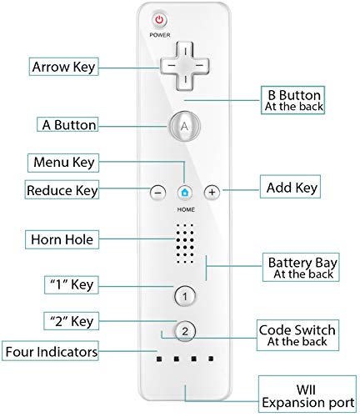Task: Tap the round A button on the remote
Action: click(184, 125)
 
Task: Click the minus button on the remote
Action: click(157, 191)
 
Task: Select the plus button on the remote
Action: click(212, 191)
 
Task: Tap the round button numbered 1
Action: click(185, 294)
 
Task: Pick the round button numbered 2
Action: click(185, 331)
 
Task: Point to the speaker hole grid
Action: click(184, 241)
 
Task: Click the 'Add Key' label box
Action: click(292, 187)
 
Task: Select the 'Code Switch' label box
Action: click(297, 335)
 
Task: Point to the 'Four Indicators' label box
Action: click(50, 351)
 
